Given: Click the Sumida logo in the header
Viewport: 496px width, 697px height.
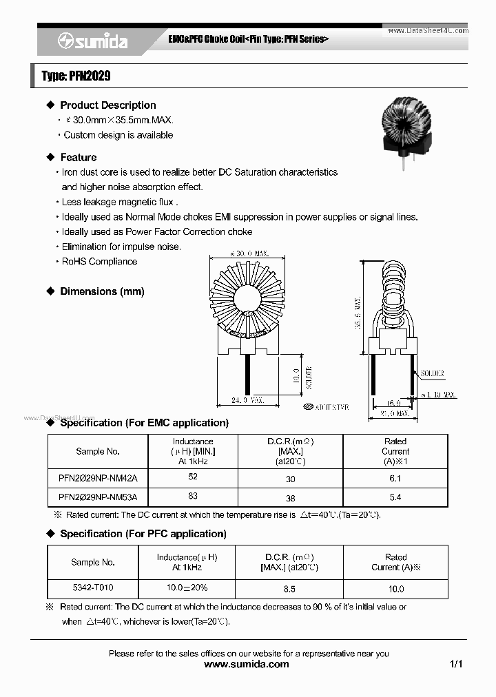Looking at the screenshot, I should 92,41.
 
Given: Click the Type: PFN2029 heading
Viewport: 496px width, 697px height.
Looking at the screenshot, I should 76,76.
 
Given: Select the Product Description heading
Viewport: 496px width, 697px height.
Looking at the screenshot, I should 107,105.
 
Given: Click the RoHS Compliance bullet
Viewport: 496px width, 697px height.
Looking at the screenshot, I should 99,262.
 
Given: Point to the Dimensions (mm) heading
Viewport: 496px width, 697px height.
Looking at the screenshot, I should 102,291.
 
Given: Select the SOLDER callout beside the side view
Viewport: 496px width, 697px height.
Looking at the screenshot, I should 432,373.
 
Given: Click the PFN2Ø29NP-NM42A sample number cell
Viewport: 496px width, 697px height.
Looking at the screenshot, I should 98,478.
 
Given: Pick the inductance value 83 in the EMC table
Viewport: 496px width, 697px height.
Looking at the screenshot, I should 192,496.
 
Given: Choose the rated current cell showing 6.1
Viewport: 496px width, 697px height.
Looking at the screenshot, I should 395,478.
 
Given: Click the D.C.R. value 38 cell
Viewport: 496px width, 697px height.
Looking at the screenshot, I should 290,497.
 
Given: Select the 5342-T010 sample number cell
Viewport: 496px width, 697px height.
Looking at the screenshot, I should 92,589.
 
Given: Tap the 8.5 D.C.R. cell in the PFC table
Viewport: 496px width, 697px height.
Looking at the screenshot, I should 289,589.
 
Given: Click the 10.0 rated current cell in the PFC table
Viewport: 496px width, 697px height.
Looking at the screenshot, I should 395,589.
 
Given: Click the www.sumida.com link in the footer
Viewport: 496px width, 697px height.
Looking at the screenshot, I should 247,664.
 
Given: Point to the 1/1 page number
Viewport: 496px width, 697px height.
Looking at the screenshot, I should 456,664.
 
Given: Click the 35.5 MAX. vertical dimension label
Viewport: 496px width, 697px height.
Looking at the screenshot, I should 358,313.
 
